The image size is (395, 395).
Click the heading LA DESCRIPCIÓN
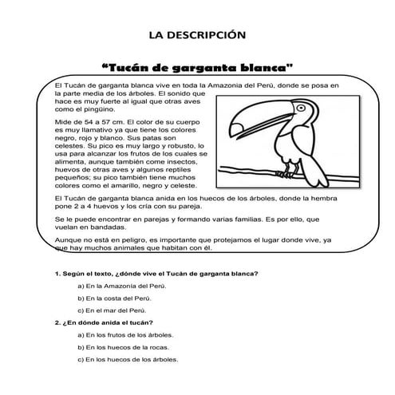(197, 34)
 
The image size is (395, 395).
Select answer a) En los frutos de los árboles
(128, 334)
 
